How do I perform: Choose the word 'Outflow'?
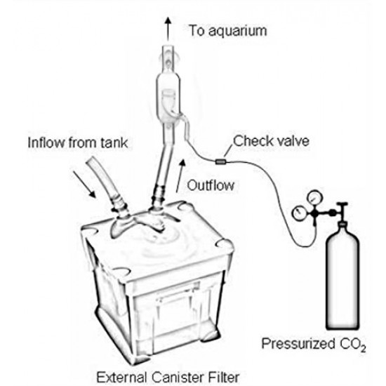point(211,186)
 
